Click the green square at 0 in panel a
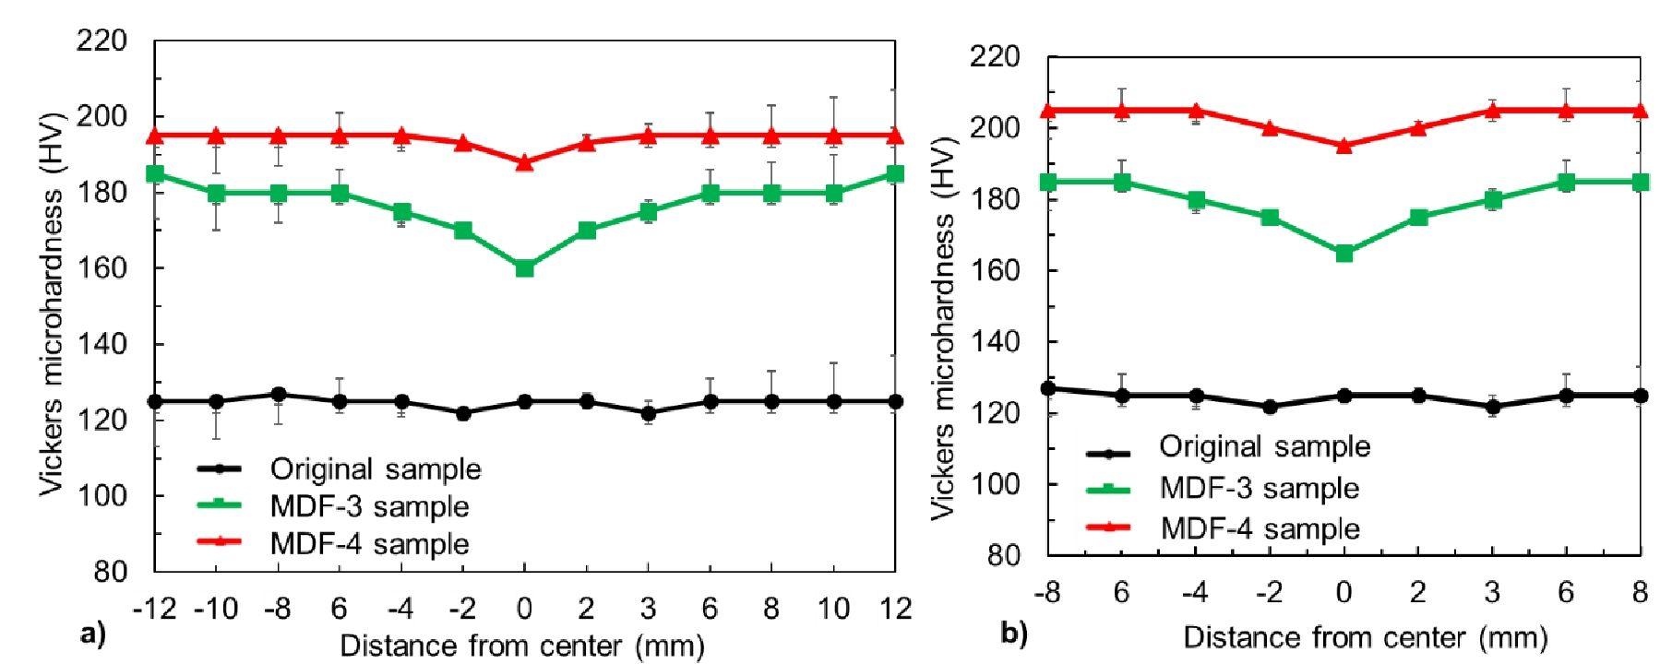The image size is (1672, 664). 524,268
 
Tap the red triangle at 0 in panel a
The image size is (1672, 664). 524,162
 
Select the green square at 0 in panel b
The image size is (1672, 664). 1344,253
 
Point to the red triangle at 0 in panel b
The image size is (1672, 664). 1344,145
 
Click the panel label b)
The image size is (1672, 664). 1013,634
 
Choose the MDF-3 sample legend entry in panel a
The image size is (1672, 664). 369,506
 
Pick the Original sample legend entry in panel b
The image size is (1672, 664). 1264,447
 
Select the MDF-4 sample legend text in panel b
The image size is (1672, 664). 1260,528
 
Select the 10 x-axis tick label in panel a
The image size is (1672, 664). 833,609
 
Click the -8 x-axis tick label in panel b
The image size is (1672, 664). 1047,592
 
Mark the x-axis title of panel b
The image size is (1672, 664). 1365,638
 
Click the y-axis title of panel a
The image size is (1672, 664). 52,304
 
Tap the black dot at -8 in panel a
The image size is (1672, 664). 279,395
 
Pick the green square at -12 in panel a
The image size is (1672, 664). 155,173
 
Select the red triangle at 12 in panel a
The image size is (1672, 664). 894,136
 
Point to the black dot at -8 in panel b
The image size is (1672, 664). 1048,389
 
